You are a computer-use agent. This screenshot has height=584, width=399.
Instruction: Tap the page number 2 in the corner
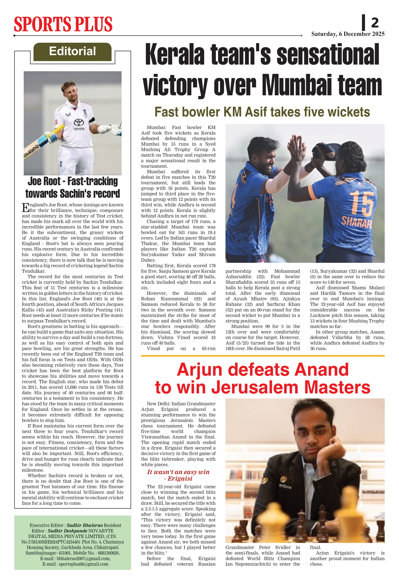pyautogui.click(x=375, y=23)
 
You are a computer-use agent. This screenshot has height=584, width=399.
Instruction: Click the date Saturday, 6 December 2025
pyautogui.click(x=348, y=34)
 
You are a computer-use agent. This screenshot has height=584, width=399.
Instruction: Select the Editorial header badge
pyautogui.click(x=72, y=52)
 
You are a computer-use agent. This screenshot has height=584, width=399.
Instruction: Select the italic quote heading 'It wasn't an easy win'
pyautogui.click(x=178, y=472)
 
